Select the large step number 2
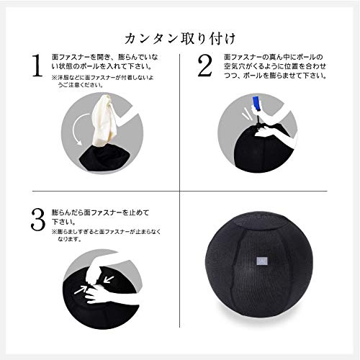(204, 66)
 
